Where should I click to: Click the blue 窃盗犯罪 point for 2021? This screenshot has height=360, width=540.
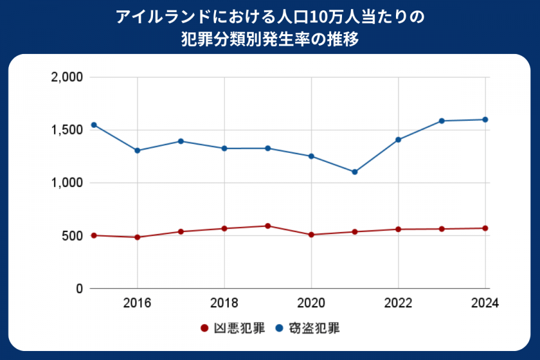pos(355,172)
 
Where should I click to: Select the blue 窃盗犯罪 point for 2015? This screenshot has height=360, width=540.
pos(94,125)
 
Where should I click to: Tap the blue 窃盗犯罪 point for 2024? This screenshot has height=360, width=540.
pos(485,119)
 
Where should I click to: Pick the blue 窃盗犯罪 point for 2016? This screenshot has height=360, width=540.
pos(137,151)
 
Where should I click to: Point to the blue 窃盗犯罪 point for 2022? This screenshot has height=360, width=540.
pos(398,140)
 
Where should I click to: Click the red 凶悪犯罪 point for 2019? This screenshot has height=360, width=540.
pos(268,226)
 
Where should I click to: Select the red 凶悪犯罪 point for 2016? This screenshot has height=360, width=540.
pos(137,237)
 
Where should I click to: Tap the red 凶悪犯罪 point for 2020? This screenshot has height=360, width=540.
pos(311,235)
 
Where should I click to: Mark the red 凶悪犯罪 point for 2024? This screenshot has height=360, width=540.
pos(485,228)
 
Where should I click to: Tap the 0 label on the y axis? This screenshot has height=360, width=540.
pos(79,289)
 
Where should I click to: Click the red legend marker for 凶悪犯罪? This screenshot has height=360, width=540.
pos(203,329)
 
